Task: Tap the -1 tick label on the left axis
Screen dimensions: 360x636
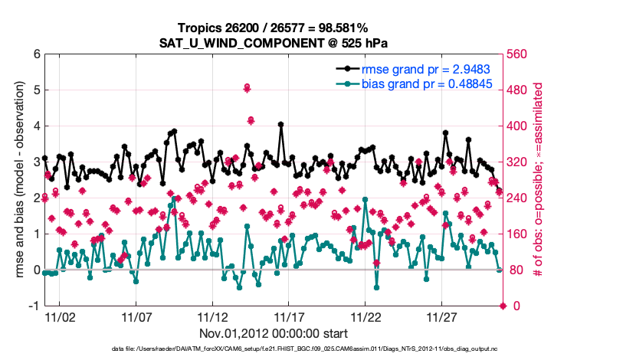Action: tap(33, 306)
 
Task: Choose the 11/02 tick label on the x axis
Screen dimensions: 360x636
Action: tap(59, 317)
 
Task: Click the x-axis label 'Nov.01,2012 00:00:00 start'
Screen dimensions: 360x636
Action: tap(274, 334)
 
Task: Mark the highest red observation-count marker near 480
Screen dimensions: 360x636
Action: tap(247, 88)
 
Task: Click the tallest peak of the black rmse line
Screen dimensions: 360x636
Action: tap(281, 124)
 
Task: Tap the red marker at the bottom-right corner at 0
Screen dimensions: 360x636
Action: tap(503, 306)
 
